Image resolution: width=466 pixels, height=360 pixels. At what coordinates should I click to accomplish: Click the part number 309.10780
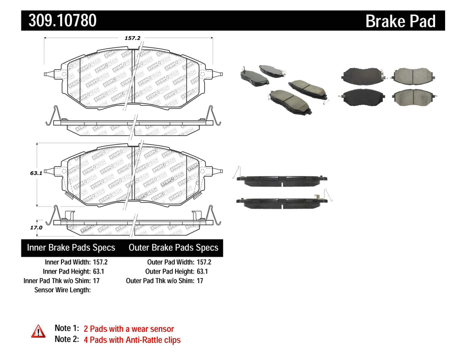tap(63, 20)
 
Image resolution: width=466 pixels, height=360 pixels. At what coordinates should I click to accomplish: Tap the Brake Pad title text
tap(400, 21)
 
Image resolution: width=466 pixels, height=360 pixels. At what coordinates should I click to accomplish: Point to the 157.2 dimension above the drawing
tap(132, 38)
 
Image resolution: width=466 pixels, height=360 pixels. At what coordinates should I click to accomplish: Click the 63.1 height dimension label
tap(36, 173)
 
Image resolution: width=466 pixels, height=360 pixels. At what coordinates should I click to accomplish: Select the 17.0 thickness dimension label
tap(36, 227)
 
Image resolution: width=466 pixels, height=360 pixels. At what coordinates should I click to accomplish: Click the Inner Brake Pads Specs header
tap(71, 248)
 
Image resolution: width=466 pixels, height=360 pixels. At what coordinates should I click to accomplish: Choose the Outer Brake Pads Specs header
tap(173, 248)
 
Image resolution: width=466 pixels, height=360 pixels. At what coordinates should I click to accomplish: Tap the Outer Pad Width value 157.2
tap(203, 262)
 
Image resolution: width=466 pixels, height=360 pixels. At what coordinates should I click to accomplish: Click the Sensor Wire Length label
tap(63, 289)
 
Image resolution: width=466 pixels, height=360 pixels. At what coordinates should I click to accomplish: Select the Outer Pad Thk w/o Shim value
tap(200, 280)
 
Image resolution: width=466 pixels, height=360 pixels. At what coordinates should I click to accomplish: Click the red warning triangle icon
tap(38, 331)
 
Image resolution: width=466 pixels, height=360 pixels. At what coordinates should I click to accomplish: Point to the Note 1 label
tap(66, 328)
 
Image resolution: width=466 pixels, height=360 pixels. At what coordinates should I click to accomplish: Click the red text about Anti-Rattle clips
tap(132, 340)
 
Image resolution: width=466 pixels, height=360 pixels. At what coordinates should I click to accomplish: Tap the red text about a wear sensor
tap(129, 329)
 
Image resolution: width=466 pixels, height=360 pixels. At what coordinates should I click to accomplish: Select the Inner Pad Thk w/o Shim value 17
tap(96, 280)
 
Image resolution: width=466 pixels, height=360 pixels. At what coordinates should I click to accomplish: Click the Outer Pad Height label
tap(169, 271)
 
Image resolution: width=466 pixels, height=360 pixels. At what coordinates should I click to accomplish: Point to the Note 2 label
tap(66, 339)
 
